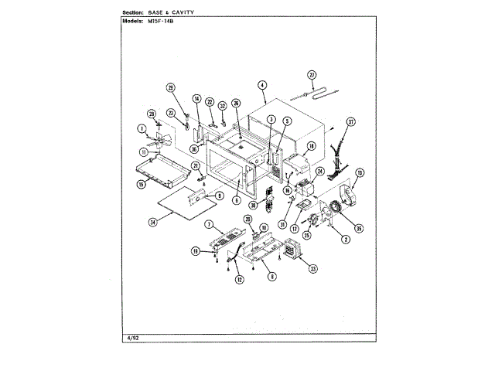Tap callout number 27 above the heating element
(312, 74)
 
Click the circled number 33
(312, 268)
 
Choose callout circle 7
(209, 224)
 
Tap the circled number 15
(142, 185)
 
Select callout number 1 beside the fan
(142, 128)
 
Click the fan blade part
(162, 139)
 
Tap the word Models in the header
(136, 22)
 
